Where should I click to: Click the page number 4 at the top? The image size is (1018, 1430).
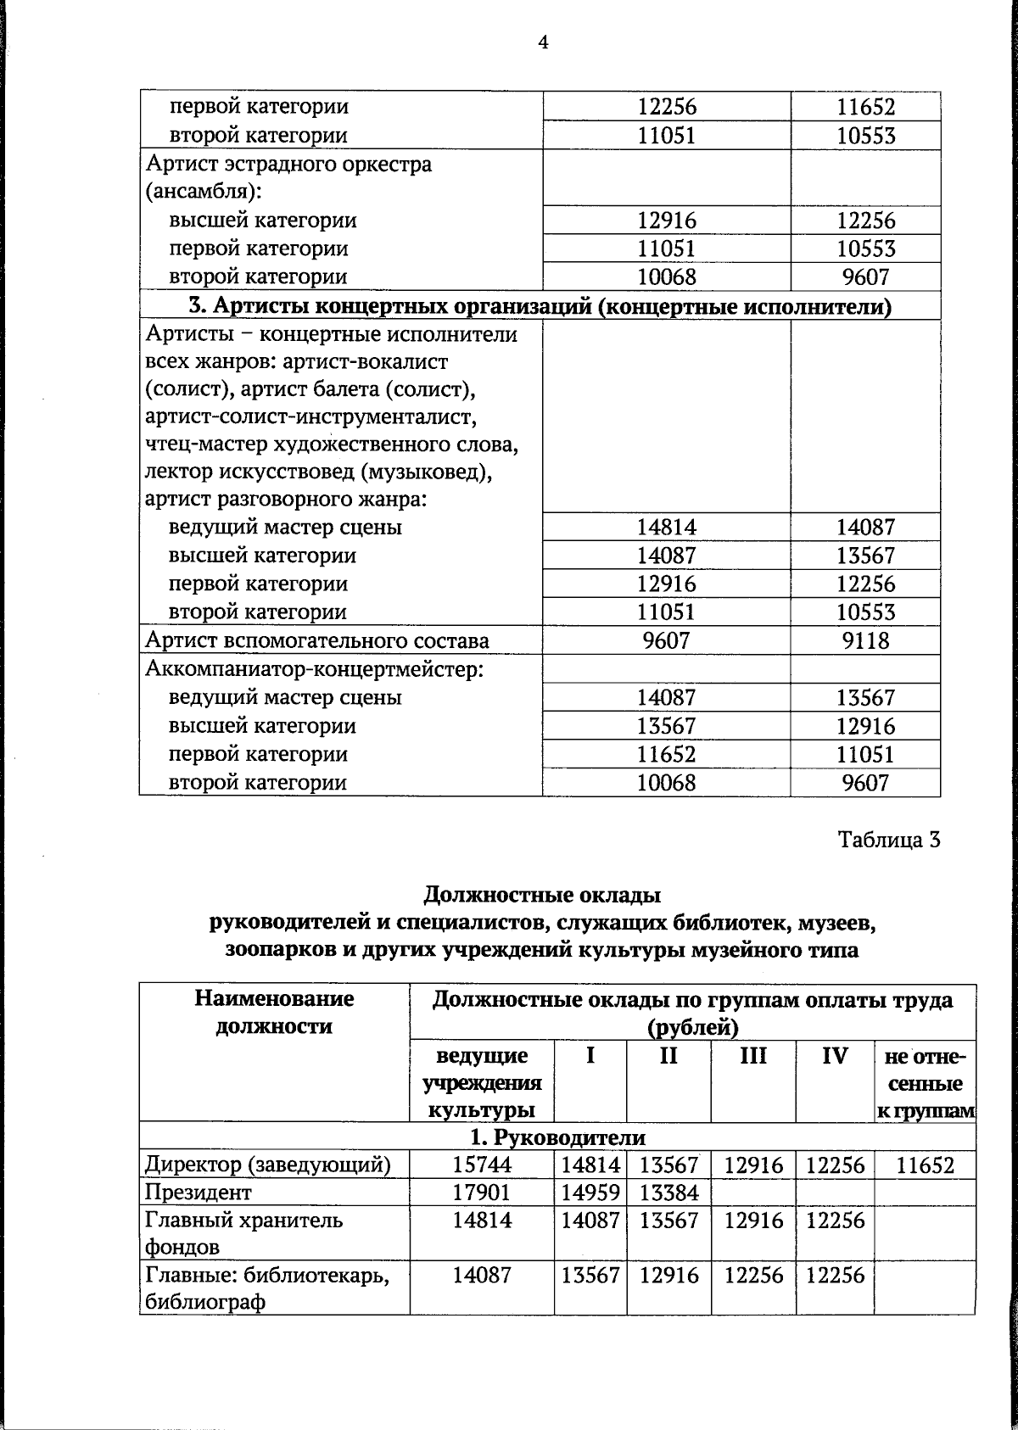point(543,42)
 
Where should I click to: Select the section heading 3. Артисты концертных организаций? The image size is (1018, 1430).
point(540,305)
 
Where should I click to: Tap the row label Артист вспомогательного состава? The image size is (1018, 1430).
point(317,640)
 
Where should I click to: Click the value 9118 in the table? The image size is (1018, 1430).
point(865,640)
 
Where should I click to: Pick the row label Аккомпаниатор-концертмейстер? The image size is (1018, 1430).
point(314,669)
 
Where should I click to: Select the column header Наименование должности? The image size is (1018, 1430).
point(274,1013)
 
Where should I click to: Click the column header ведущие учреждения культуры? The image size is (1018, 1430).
point(482,1083)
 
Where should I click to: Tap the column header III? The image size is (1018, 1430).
point(752,1056)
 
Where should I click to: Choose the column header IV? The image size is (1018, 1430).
point(835,1056)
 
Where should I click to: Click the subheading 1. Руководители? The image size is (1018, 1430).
point(557,1137)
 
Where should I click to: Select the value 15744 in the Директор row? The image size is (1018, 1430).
point(482,1165)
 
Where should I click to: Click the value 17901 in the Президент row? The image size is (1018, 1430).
point(482,1193)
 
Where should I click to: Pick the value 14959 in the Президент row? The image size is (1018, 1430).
point(590,1193)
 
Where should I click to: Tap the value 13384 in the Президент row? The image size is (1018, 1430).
point(668,1193)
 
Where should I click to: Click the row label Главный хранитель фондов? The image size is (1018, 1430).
point(244,1233)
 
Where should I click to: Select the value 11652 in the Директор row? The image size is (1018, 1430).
point(925,1165)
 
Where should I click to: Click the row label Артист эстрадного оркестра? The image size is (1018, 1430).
point(288,164)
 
